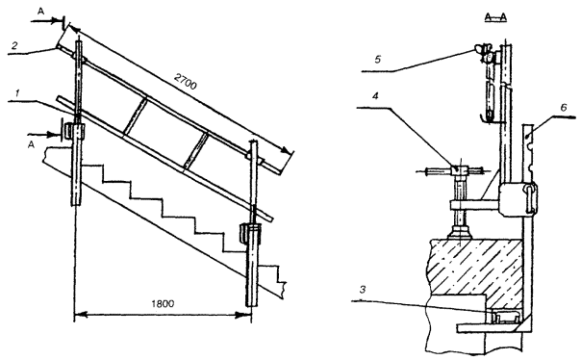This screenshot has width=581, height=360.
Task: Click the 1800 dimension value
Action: [x=163, y=303]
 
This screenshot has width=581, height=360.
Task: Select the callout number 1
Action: [x=17, y=93]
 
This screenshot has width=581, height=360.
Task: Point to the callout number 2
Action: [x=14, y=45]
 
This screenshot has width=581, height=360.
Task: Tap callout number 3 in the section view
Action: [x=364, y=289]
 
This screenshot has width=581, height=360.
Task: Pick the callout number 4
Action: [x=375, y=96]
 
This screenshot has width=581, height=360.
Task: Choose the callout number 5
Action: [x=378, y=60]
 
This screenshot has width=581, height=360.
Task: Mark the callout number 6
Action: [x=564, y=108]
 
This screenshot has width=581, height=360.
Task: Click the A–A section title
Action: [x=495, y=17]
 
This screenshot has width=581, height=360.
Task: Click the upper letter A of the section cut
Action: [x=40, y=12]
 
